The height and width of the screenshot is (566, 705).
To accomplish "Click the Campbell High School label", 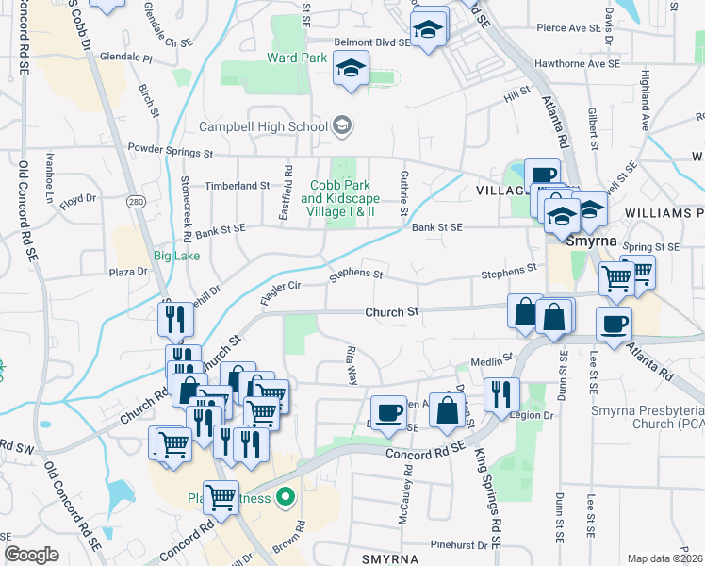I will click(262, 126).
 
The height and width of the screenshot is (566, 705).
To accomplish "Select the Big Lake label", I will click(176, 256).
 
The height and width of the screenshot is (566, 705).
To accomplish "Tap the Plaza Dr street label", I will click(129, 272).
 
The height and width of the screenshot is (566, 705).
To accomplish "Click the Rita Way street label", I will click(352, 364).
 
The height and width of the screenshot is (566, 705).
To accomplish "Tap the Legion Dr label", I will click(533, 415).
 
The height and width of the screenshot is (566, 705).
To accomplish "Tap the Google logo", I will click(31, 554).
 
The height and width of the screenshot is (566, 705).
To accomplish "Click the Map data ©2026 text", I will click(664, 558).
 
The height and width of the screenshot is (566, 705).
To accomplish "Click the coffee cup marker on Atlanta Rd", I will click(614, 325).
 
